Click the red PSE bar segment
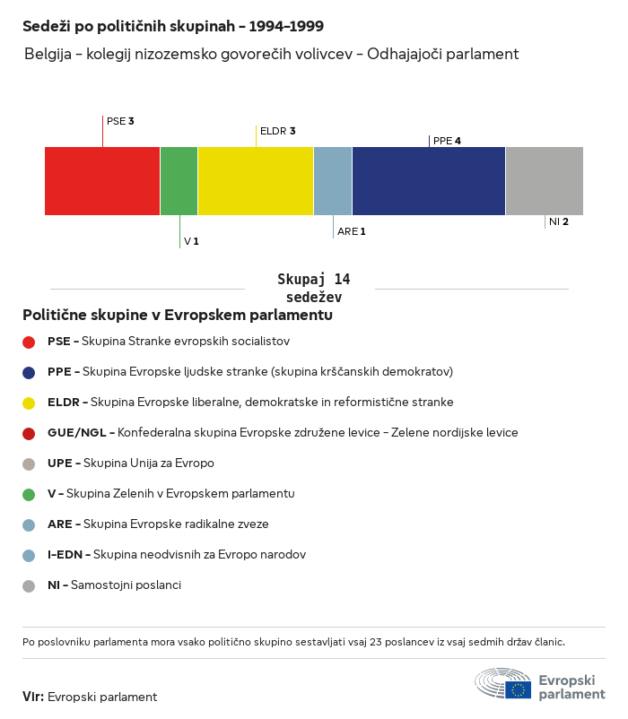coord(102,181)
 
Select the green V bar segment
coord(179,181)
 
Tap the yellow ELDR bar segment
coord(256,181)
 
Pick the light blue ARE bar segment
coord(333,181)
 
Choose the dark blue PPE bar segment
coord(429,181)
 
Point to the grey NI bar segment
coord(545,181)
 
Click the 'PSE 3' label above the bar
coord(120,121)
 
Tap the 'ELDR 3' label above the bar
coord(277,131)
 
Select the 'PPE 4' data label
coord(447,141)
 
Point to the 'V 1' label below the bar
coord(191,241)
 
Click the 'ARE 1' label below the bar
coord(352,231)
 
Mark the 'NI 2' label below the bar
coord(559,221)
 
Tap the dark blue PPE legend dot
coord(29,372)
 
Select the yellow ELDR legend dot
coord(29,403)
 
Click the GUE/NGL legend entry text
coord(283,433)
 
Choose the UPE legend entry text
coord(131,463)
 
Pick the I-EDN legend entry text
coord(177,555)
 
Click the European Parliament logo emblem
coord(503,683)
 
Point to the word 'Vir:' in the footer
coord(33,697)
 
